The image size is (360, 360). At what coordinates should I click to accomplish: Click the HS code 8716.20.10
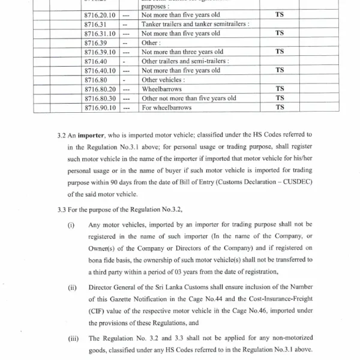[100, 14]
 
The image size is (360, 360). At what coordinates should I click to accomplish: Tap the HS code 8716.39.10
[100, 52]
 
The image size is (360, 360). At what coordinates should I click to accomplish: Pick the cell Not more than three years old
[182, 52]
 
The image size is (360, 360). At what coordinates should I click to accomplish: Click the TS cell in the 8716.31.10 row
[279, 33]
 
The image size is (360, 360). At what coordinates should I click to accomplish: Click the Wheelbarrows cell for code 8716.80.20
[161, 89]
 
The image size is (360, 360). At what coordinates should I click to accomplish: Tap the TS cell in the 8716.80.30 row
[279, 98]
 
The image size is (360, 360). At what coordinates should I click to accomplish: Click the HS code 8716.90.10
[100, 108]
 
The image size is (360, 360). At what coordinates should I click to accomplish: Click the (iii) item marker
[71, 338]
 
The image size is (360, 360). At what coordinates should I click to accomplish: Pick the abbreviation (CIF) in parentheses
[98, 310]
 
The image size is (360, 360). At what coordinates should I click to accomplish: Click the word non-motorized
[290, 338]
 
